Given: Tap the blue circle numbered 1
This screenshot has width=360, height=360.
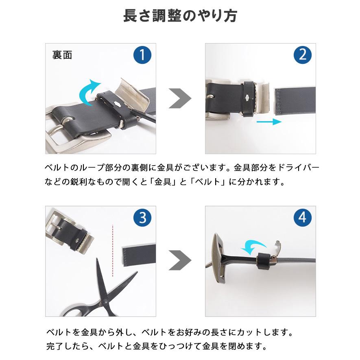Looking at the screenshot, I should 142,55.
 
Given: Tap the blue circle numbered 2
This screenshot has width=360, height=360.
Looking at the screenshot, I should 303,55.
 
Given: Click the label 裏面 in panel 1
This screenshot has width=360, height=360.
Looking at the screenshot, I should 62,55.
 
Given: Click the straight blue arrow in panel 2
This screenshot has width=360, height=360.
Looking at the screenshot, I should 268,122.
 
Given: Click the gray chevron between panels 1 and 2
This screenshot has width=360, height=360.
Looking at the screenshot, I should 180,98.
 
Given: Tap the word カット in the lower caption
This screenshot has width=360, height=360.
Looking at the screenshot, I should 251,332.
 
